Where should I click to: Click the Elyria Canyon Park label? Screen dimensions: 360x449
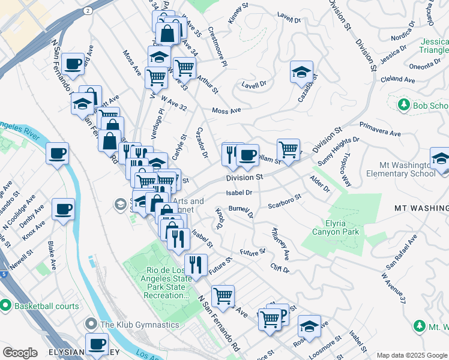335,226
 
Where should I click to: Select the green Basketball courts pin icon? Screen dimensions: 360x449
5,305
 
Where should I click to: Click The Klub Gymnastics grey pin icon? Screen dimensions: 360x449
91,325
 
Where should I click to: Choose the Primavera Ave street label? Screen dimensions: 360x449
380,128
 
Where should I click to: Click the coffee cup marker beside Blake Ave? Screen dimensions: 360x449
63,209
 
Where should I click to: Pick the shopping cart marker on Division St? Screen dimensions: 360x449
289,149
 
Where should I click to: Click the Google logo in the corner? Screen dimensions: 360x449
20,352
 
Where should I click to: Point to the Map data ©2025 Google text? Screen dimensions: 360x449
411,355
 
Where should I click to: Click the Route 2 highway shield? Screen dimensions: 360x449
88,11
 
